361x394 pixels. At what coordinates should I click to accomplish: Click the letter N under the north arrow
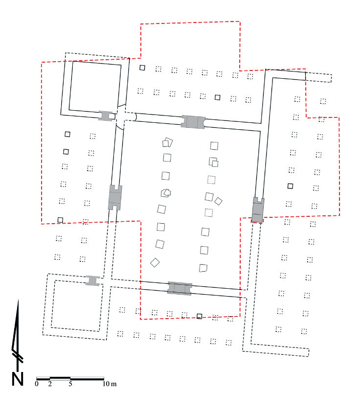17,378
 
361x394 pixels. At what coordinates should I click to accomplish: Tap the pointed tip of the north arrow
18,300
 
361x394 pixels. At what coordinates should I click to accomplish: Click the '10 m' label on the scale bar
109,384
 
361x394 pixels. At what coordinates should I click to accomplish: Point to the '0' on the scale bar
37,384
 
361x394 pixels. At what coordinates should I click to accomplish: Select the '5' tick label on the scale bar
70,384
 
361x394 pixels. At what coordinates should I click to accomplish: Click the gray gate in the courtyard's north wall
193,122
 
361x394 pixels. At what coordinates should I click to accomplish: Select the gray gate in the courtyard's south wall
180,288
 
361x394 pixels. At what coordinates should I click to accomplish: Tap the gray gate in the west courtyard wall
114,197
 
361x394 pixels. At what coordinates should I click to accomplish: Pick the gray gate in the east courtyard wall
258,209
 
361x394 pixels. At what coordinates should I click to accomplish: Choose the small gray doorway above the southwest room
92,280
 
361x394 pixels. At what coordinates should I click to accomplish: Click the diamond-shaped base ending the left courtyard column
155,263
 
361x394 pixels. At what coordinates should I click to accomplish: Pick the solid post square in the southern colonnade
199,316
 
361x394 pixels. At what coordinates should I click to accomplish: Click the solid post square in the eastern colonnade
291,185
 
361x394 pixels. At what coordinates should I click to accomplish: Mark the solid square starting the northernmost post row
142,68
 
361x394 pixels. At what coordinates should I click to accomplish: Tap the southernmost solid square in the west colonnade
60,220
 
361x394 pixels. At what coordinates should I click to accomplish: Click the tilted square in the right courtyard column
219,201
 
